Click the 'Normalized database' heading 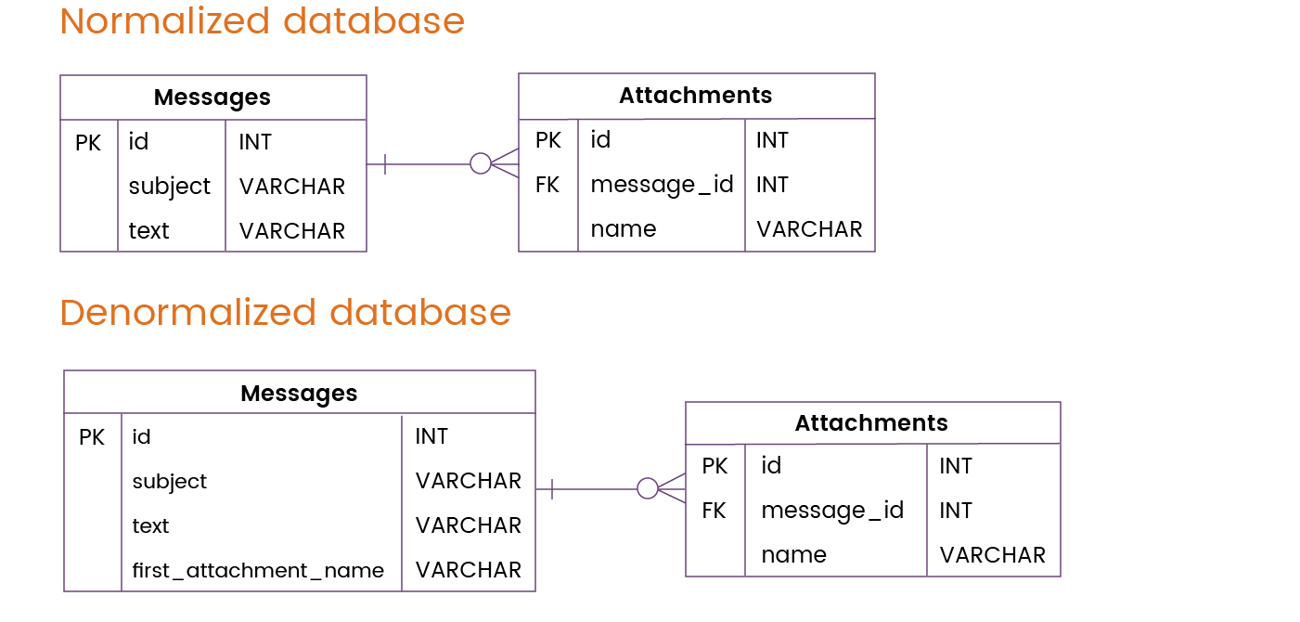(x=263, y=21)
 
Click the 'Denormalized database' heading (x=286, y=313)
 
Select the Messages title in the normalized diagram (x=212, y=97)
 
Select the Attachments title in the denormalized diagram (x=871, y=422)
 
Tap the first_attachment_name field (x=258, y=570)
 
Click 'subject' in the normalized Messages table (x=170, y=187)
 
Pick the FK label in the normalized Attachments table (x=547, y=185)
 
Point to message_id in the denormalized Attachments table (x=832, y=511)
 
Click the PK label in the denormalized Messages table (x=92, y=437)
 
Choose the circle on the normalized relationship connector (x=481, y=163)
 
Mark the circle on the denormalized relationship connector (x=647, y=488)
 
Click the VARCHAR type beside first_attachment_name (x=469, y=570)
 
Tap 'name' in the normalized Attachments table (x=624, y=229)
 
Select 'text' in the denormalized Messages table (x=150, y=526)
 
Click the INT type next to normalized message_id (x=772, y=185)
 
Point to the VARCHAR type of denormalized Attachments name (x=993, y=555)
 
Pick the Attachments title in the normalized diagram (x=695, y=96)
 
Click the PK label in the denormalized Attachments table (x=714, y=466)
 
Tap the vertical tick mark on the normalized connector (x=385, y=164)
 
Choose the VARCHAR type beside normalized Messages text (x=292, y=231)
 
